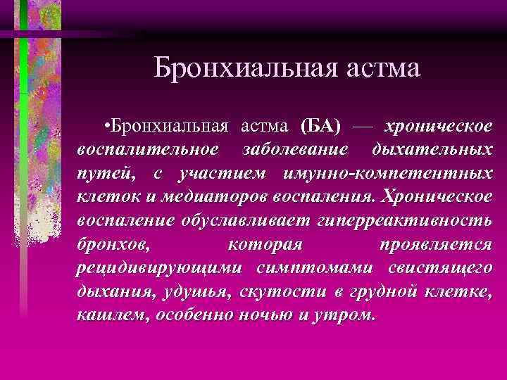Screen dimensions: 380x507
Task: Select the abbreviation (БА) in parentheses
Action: click(320, 127)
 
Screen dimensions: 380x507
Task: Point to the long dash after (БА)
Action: click(362, 127)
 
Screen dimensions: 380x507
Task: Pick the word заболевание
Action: click(295, 151)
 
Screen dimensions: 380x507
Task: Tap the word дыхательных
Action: click(432, 151)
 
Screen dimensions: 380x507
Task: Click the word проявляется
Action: click(436, 245)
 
